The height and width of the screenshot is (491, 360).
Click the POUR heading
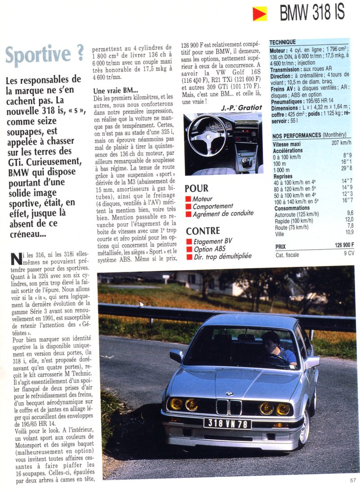196,188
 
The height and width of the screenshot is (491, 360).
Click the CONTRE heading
202,231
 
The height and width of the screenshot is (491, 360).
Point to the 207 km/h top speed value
341,143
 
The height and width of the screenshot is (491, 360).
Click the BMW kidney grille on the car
229,406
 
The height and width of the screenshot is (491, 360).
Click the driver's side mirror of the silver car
176,356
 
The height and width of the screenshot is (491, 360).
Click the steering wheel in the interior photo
207,135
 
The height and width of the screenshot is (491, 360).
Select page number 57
352,480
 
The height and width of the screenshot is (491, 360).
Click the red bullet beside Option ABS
189,249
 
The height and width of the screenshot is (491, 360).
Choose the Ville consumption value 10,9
349,232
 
